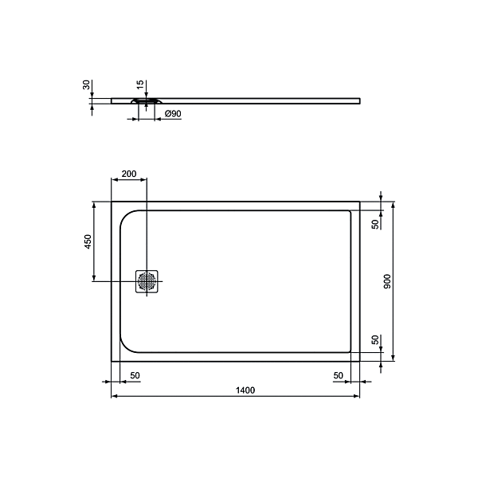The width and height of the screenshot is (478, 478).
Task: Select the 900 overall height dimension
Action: (388, 282)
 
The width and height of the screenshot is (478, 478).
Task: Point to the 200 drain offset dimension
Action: (128, 174)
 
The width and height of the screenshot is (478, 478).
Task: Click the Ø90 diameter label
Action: (173, 115)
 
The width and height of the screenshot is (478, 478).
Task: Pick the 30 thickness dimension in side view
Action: (87, 86)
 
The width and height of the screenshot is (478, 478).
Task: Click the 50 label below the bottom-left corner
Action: (135, 374)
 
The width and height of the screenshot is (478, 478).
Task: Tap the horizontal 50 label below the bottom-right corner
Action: (339, 374)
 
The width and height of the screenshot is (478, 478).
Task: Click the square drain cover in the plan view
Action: (147, 281)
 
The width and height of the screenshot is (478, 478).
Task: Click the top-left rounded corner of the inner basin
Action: (127, 217)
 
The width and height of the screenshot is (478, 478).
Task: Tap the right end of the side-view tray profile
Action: (359, 100)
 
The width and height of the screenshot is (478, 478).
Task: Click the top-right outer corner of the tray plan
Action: (360, 201)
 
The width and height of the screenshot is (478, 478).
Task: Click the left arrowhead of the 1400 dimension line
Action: (113, 396)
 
